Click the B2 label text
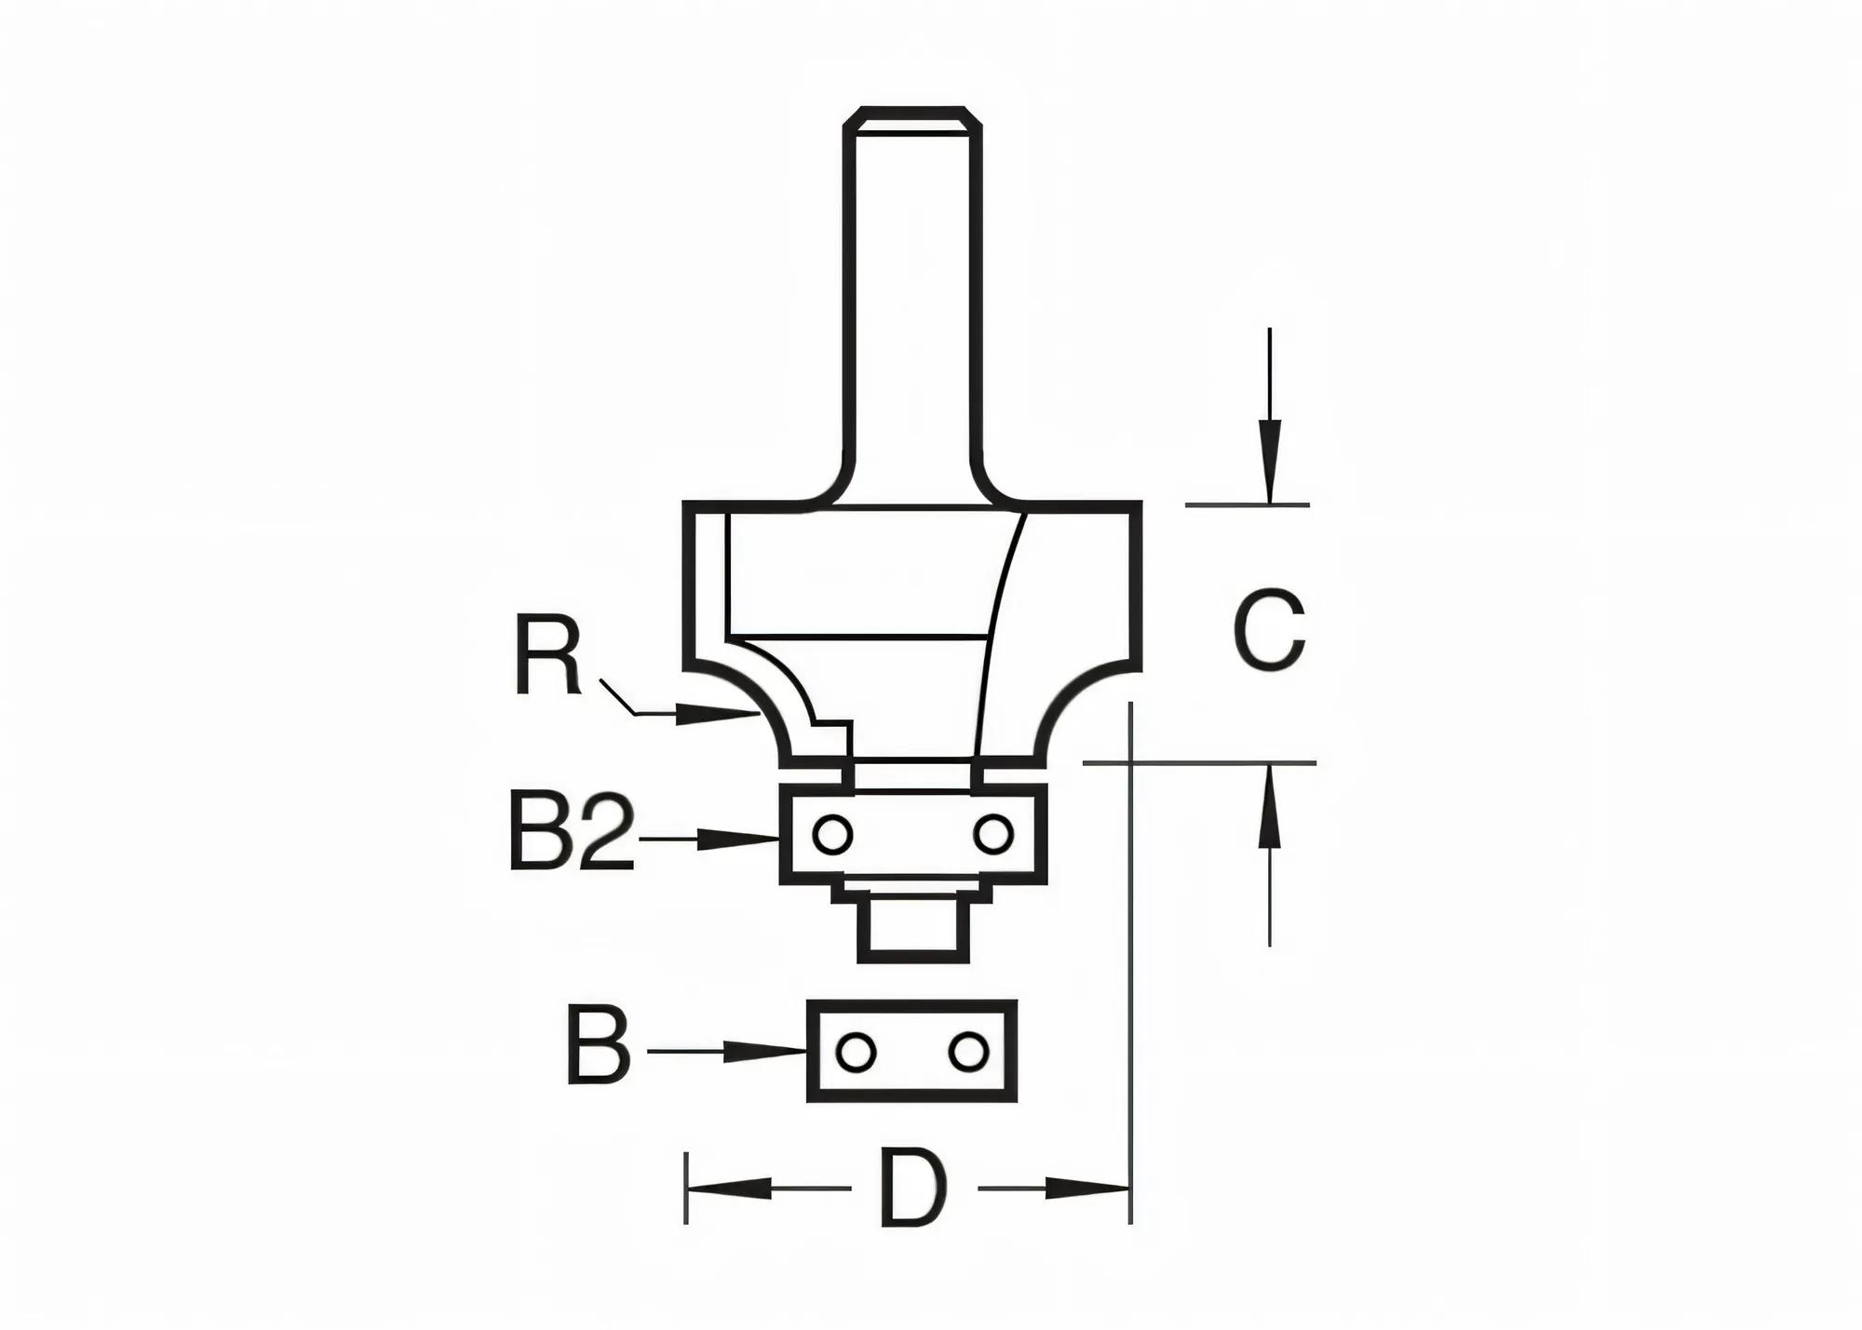[571, 830]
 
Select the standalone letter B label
[599, 1044]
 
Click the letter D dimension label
[913, 1189]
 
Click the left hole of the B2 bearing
[831, 835]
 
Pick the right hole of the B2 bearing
[992, 834]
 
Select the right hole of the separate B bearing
[967, 1052]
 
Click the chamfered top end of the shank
[912, 120]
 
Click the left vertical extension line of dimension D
[686, 1189]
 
